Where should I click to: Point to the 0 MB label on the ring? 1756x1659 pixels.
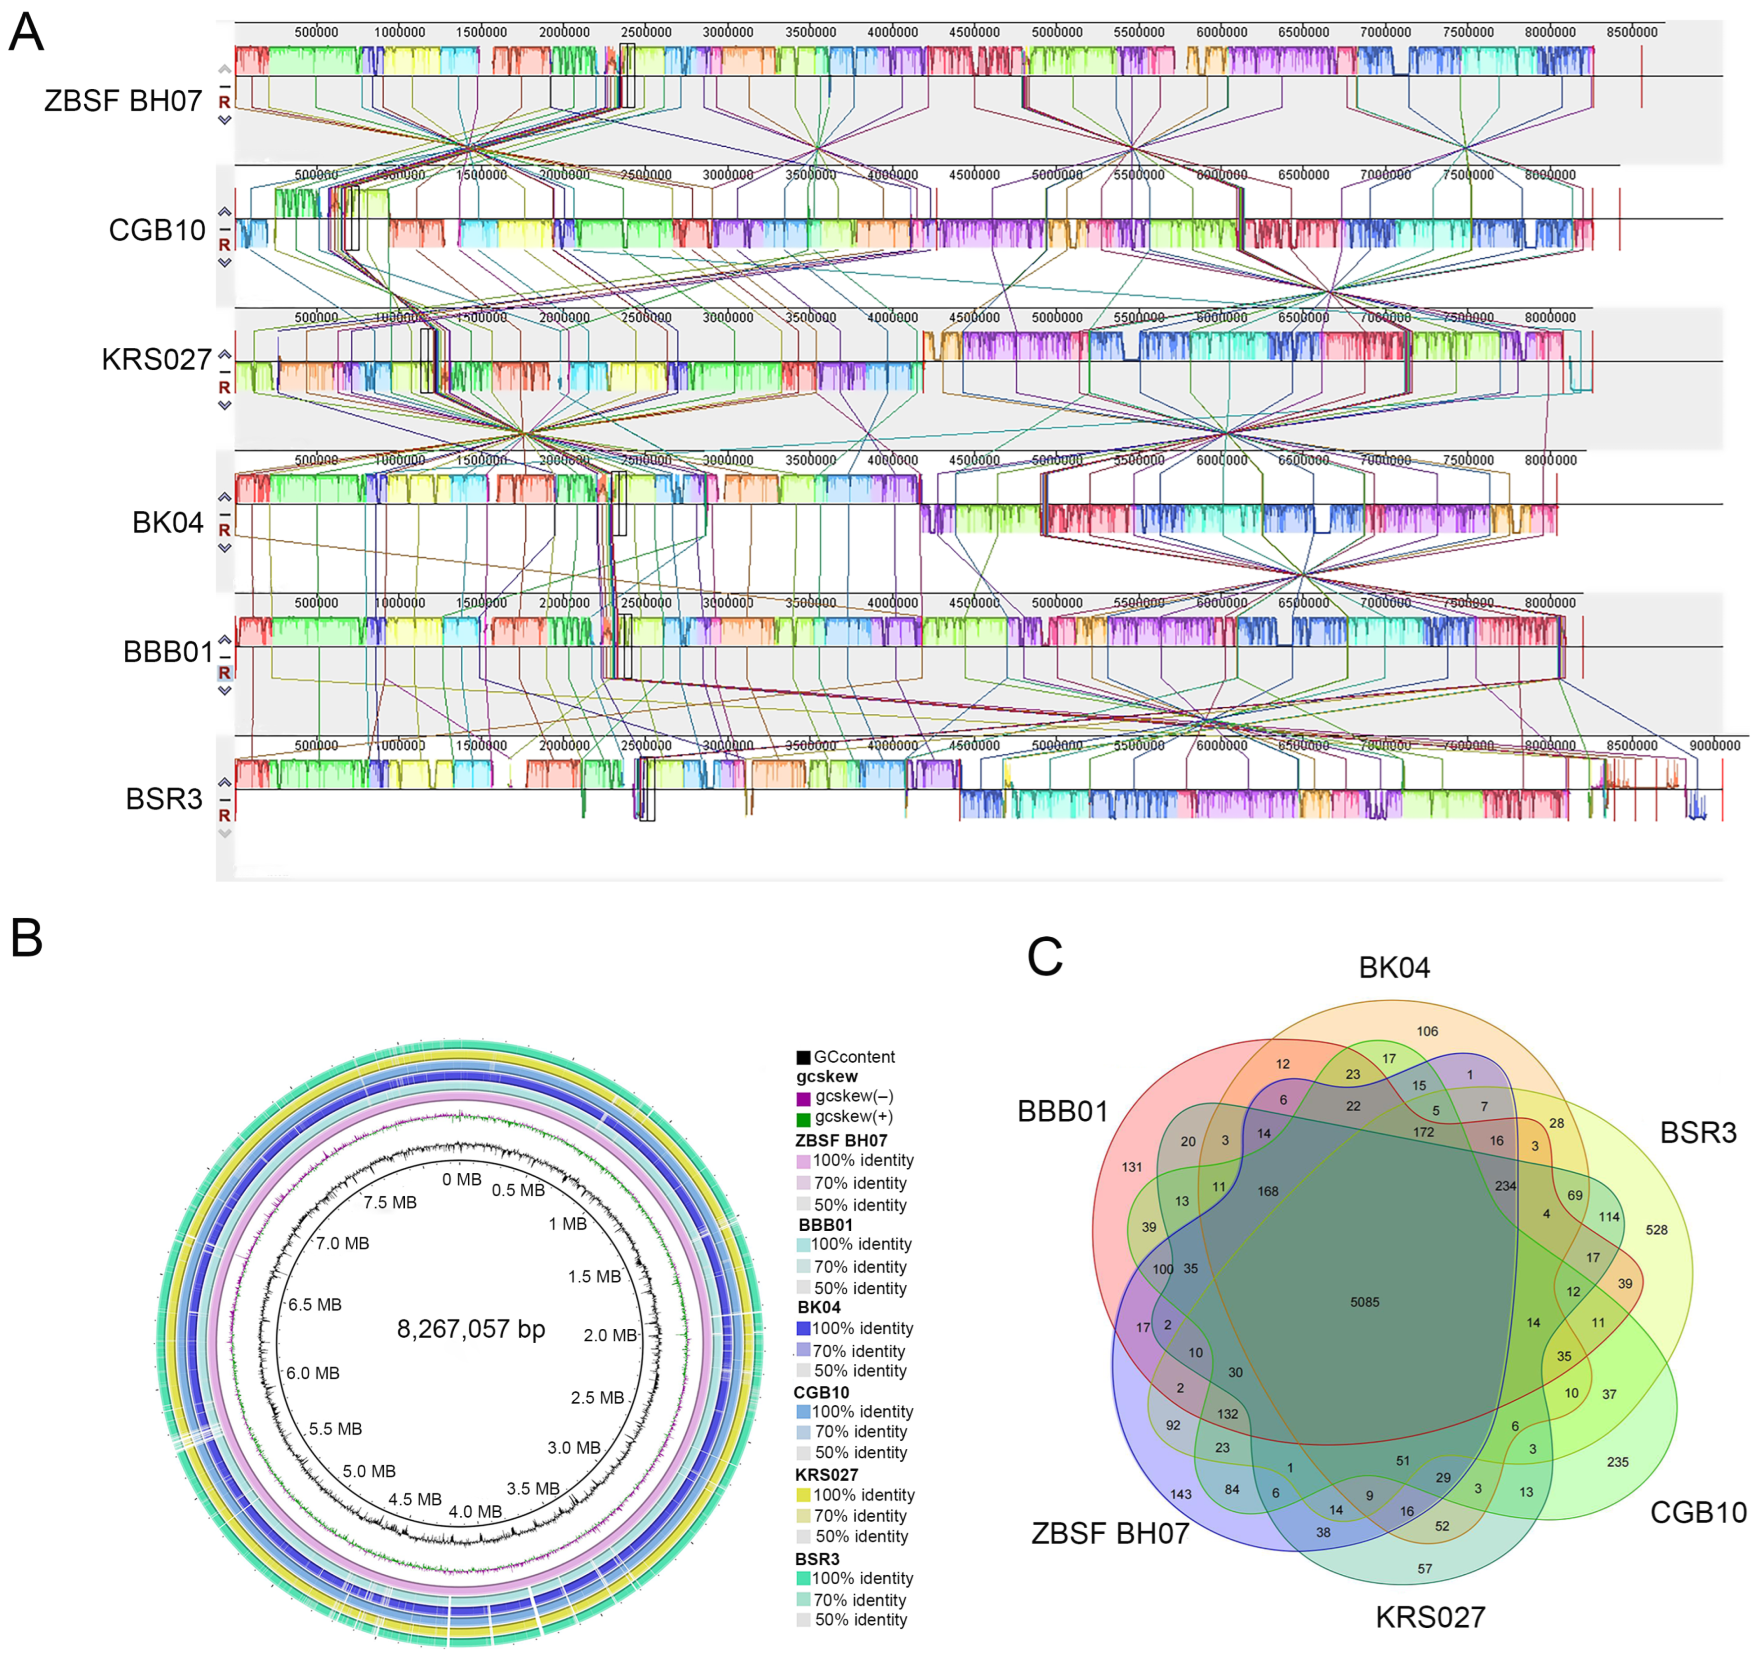[x=462, y=1180]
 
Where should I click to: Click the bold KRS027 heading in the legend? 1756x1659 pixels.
[x=826, y=1474]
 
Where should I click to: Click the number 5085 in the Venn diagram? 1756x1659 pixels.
[x=1364, y=1302]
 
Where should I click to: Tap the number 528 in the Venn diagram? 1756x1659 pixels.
[x=1656, y=1229]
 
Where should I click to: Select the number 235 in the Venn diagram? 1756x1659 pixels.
[x=1617, y=1462]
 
